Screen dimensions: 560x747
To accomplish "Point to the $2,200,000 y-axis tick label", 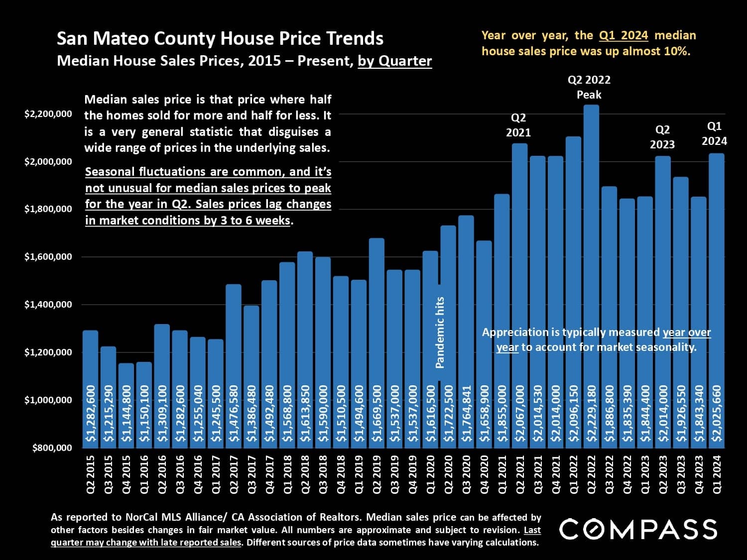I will pos(48,114).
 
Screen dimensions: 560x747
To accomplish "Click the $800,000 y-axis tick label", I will pos(52,448).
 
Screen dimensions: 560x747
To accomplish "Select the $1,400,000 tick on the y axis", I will pos(48,304).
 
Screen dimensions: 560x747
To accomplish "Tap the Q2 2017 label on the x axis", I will pos(234,473).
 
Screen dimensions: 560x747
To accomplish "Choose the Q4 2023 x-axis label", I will pos(699,473).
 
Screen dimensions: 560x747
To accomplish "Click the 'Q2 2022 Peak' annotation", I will pos(589,87).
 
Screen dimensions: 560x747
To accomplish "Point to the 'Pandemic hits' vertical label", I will pos(440,333).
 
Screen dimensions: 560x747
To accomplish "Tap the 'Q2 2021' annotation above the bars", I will pos(518,125).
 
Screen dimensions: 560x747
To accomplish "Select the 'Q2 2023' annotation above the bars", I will pos(662,137).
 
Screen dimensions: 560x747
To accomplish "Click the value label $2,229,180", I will pos(592,413).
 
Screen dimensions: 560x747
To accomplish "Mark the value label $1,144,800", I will pos(126,413).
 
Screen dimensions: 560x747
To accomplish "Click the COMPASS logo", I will pos(638,529).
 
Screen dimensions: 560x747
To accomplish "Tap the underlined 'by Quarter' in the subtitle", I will pos(395,61).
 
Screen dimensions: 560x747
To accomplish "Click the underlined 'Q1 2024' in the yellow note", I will pos(623,35).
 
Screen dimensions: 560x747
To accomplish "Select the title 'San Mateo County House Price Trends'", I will pos(220,38).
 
